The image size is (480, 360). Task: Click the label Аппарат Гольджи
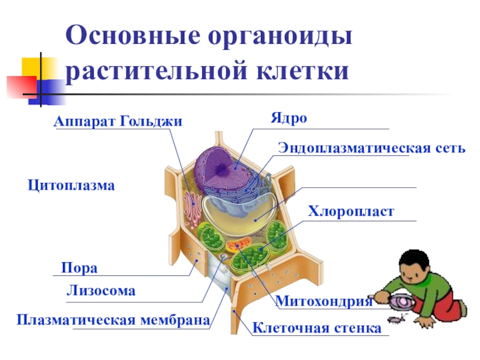click(x=118, y=121)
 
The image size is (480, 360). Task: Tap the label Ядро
click(x=288, y=118)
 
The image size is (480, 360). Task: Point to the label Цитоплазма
click(x=71, y=185)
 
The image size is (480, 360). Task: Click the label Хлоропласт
click(x=350, y=212)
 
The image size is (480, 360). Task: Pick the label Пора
click(x=79, y=268)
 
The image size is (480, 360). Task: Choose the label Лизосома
click(x=100, y=292)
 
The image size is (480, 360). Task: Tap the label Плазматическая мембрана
click(x=113, y=320)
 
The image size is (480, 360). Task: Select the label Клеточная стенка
click(x=317, y=328)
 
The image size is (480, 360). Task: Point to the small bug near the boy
click(x=397, y=319)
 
